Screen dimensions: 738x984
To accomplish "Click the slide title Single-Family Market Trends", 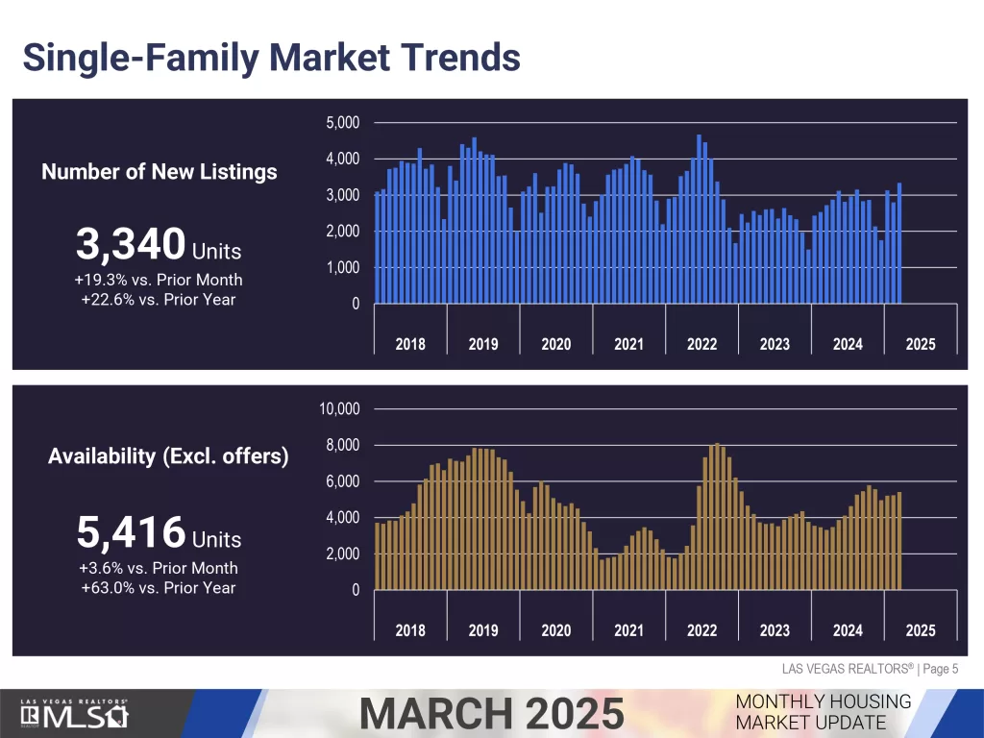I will coord(271,57).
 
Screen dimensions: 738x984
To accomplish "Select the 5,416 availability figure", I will coord(131,531).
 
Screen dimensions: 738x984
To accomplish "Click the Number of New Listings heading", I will coord(160,172).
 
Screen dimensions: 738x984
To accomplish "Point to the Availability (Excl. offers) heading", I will coord(168,455).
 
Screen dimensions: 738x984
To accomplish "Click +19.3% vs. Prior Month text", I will coord(159,280).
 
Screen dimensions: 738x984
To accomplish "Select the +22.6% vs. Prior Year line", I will coord(159,299).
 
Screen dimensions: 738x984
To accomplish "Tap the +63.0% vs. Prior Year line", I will coord(159,587).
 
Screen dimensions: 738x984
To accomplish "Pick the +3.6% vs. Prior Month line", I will coord(159,568).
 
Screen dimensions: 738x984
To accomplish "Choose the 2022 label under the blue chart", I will coord(701,344).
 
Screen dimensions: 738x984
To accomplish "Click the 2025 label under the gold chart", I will coord(920,630).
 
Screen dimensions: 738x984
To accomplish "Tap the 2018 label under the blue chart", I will coord(410,344).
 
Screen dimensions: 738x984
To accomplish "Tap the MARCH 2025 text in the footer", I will coord(491,714).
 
